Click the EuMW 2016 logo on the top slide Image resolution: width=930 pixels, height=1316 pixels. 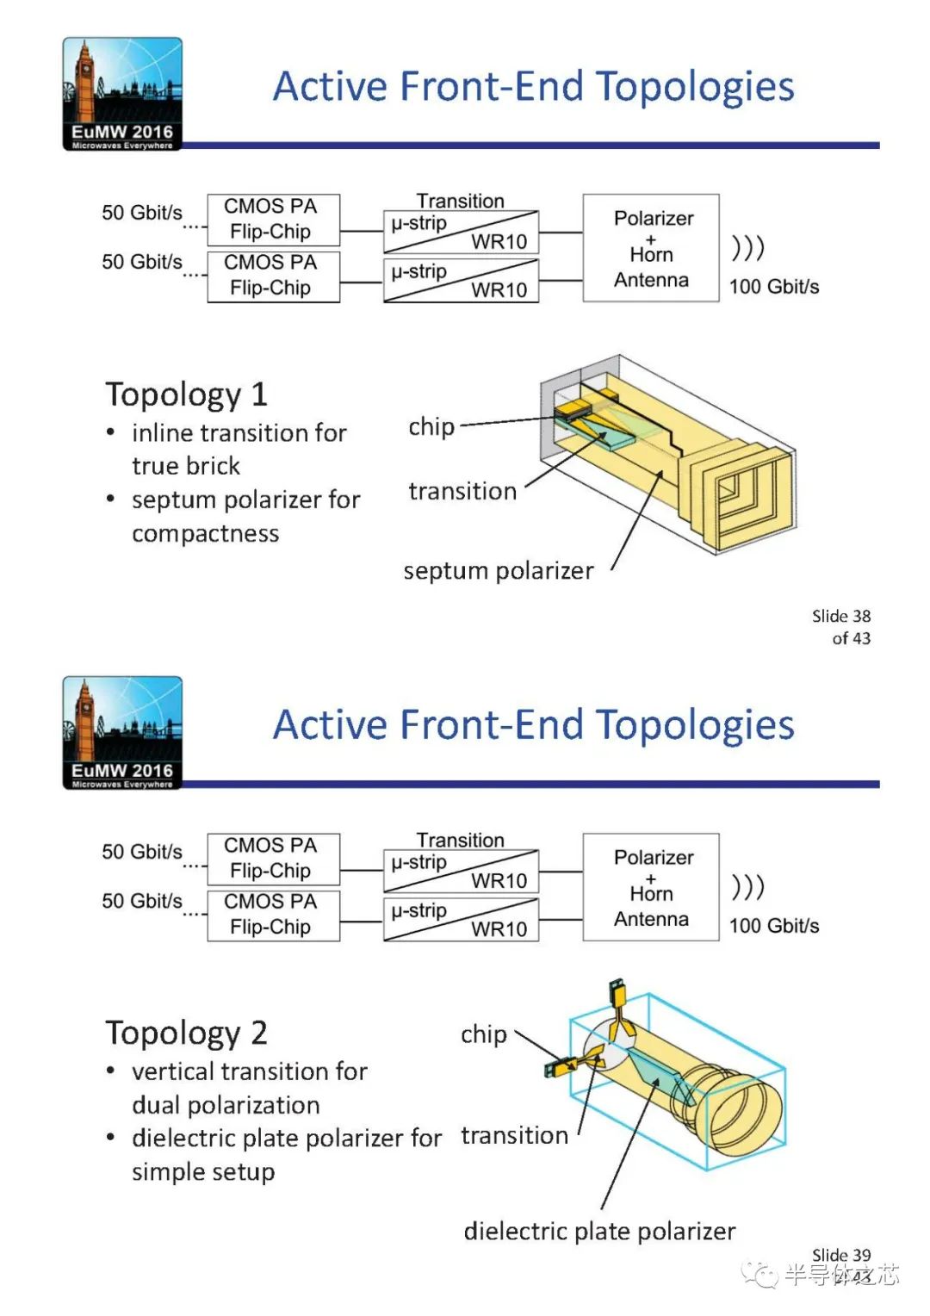[122, 94]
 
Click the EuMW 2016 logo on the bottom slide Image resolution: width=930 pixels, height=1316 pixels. [122, 733]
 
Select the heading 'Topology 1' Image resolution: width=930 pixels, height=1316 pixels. [186, 394]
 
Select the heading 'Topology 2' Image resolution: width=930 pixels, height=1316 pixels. [186, 1033]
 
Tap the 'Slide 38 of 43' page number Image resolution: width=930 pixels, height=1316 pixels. [840, 627]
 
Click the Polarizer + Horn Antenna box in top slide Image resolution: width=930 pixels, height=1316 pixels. [651, 248]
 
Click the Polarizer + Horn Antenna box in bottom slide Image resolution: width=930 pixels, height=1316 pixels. [651, 887]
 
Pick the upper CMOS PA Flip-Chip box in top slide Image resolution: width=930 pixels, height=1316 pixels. [273, 219]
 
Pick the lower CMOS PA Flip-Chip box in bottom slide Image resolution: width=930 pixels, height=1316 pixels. [273, 915]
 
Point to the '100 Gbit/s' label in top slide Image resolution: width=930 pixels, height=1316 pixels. [773, 287]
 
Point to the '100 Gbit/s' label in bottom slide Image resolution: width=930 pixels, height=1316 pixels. [773, 926]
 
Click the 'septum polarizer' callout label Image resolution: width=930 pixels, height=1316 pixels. [498, 571]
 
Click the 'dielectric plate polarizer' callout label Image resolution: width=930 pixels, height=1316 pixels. [599, 1232]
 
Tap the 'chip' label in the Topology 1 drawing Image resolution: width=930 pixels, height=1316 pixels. [431, 426]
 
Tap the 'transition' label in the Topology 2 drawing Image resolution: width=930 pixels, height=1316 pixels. [514, 1136]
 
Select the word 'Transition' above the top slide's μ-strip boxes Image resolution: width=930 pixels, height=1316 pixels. [461, 201]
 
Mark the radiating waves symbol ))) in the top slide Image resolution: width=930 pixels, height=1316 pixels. [747, 248]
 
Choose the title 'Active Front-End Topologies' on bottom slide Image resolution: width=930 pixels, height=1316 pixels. [533, 725]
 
